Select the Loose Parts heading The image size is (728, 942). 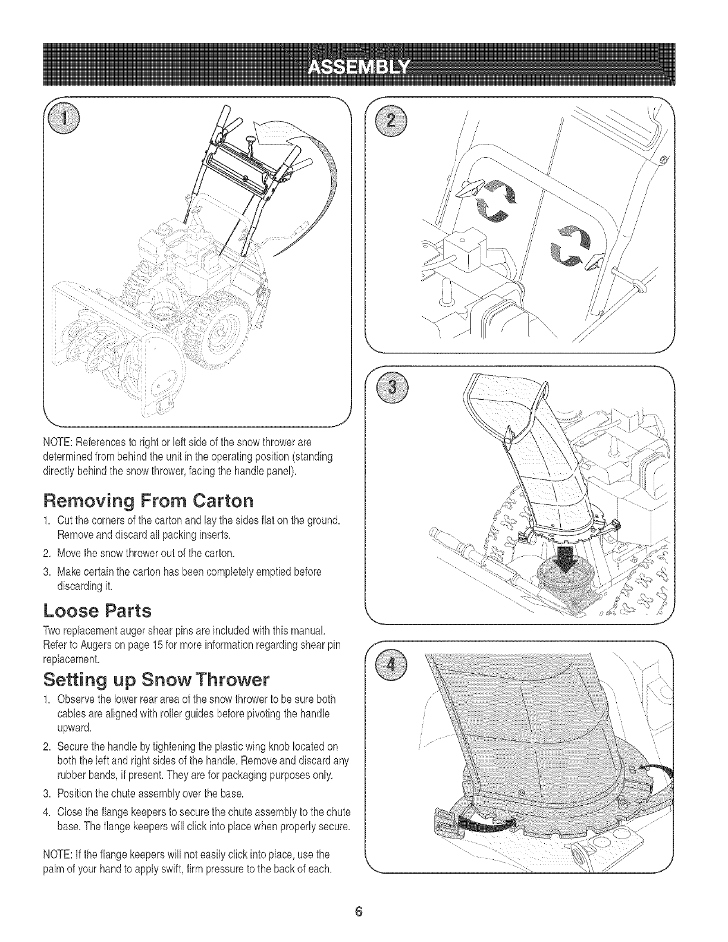98,610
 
